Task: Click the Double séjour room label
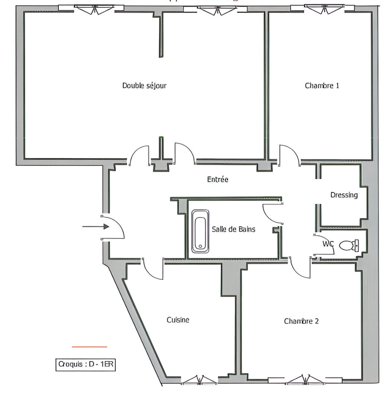(144, 86)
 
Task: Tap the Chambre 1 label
(322, 86)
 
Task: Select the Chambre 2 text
(301, 321)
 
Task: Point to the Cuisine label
(178, 320)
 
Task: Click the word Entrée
(217, 179)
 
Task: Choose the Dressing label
(344, 195)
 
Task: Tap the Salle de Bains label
(233, 229)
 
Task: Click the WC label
(328, 244)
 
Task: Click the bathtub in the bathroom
(200, 231)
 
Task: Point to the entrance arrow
(95, 226)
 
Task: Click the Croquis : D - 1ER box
(85, 364)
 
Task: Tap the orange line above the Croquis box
(89, 347)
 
